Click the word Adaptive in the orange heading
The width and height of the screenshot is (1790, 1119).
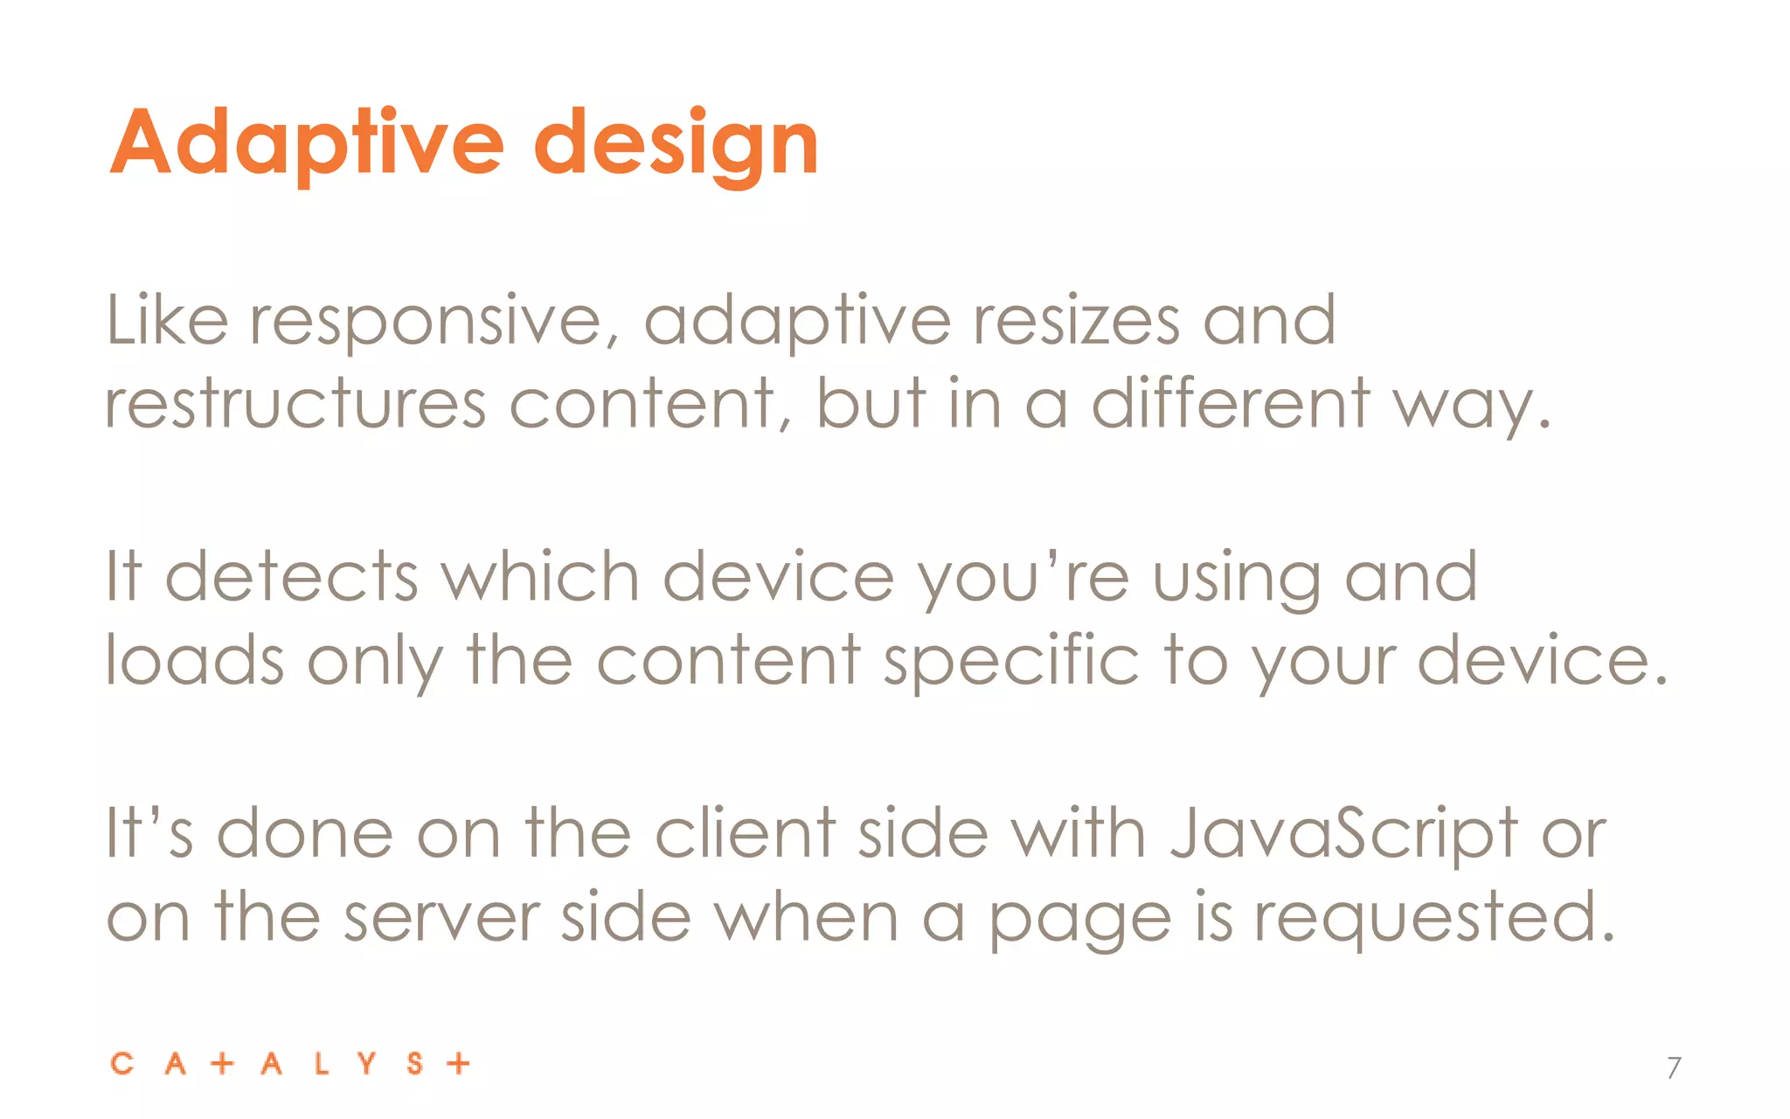click(x=306, y=142)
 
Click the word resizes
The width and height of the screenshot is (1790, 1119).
click(x=1076, y=320)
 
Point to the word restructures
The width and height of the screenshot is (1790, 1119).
click(x=295, y=404)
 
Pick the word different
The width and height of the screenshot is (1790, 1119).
click(x=1231, y=404)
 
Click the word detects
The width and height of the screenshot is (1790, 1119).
click(x=291, y=577)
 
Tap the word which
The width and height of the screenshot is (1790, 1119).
click(x=539, y=577)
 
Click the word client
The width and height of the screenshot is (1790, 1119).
click(x=745, y=833)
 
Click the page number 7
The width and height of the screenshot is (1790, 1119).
click(x=1673, y=1067)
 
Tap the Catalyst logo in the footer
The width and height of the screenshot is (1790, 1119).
click(x=290, y=1064)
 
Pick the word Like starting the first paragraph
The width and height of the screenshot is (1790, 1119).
click(x=167, y=320)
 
